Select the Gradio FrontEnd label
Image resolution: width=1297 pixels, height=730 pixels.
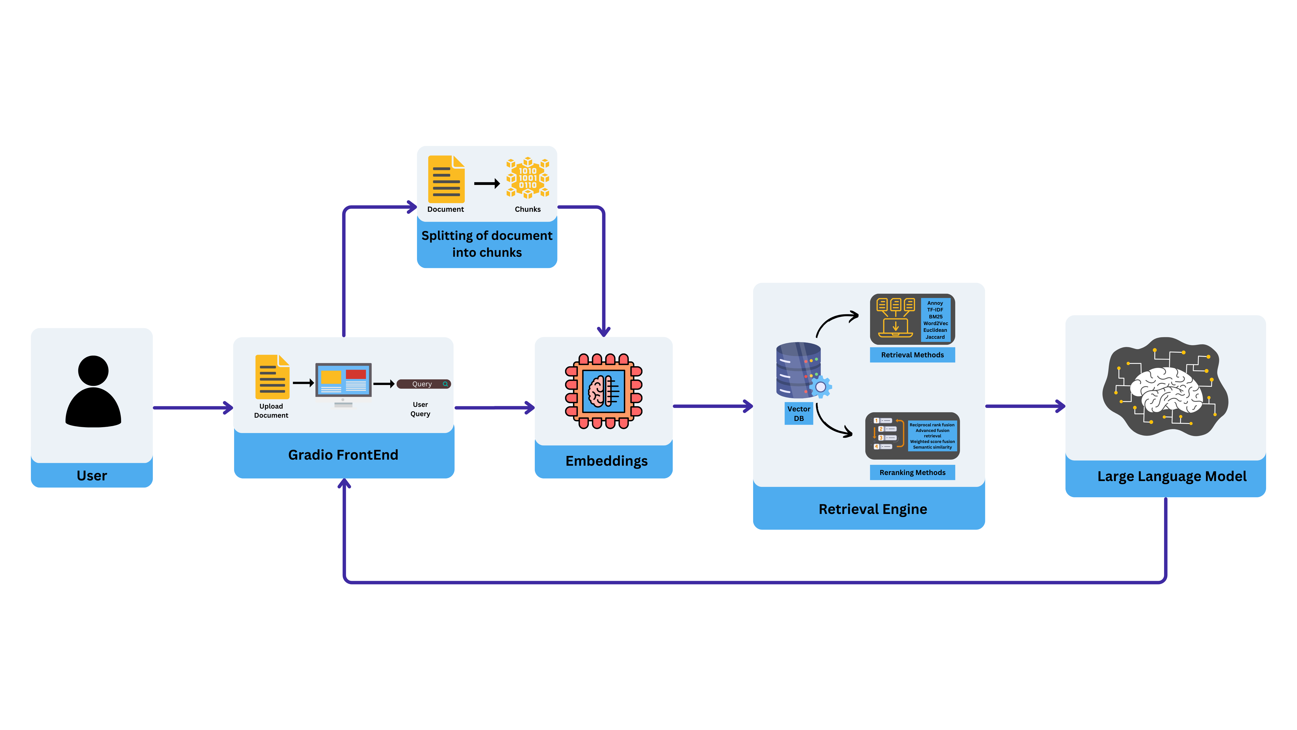coord(343,455)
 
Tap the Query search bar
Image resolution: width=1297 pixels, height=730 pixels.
coord(423,384)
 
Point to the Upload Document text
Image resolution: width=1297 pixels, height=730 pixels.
coord(271,411)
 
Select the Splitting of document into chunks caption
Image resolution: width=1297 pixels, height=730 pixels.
coord(487,244)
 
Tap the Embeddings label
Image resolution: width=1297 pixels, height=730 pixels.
coord(606,461)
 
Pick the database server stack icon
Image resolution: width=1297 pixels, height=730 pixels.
coord(799,370)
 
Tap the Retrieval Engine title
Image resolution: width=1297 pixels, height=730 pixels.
coord(872,509)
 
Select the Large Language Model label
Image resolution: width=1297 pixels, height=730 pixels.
coord(1172,477)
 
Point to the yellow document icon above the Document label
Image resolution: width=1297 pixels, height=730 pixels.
coord(446,179)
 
